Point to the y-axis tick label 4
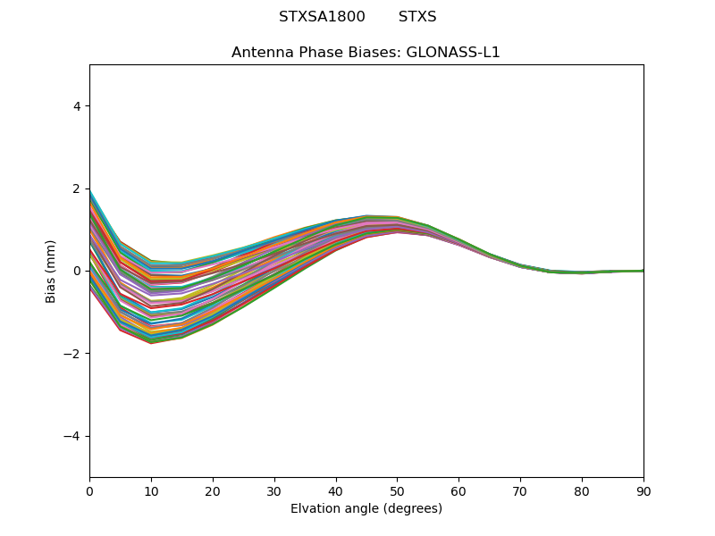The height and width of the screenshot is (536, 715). point(77,106)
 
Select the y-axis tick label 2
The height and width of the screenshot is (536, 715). point(77,188)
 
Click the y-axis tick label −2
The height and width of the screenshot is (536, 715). point(73,354)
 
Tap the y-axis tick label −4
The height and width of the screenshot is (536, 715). point(73,436)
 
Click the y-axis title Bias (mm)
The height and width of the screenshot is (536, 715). point(51,271)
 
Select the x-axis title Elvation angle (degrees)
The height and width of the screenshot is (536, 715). point(366,508)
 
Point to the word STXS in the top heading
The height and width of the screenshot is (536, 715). point(417,17)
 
